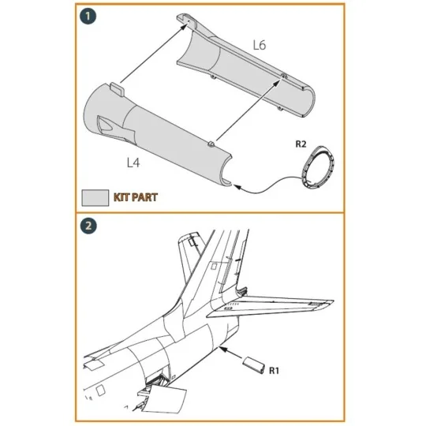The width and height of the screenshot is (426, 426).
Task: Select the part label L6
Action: [259, 46]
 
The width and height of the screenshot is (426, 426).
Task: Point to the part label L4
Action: [134, 163]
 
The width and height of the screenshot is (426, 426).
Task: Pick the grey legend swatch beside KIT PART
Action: [95, 196]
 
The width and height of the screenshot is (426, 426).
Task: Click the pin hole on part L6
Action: [282, 77]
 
